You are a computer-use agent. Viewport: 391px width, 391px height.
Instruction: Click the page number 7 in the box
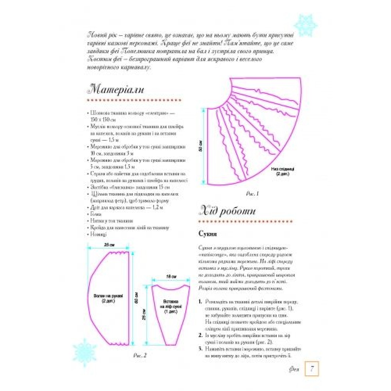tap(312, 368)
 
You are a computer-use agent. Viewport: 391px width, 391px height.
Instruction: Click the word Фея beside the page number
tap(295, 369)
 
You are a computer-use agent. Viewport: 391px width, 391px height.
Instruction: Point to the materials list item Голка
tap(96, 214)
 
